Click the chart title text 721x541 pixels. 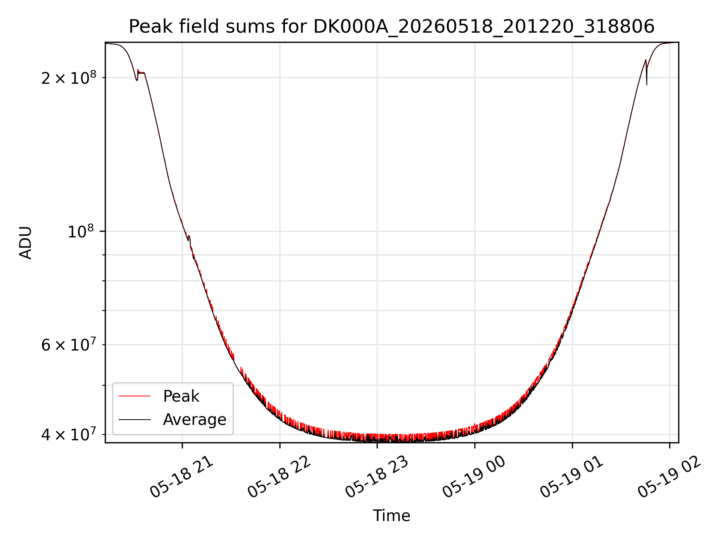click(392, 27)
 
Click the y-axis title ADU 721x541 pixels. click(26, 242)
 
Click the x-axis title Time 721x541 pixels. click(391, 515)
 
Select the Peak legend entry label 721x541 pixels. click(181, 396)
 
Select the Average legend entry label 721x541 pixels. click(195, 419)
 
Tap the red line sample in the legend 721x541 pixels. click(134, 396)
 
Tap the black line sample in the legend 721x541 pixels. click(134, 419)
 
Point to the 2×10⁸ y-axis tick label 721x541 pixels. click(69, 78)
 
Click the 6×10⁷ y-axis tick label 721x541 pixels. click(69, 345)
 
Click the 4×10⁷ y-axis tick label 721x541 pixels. click(69, 434)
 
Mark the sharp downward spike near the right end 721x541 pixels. click(647, 79)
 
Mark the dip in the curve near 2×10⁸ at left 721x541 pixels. click(137, 79)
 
